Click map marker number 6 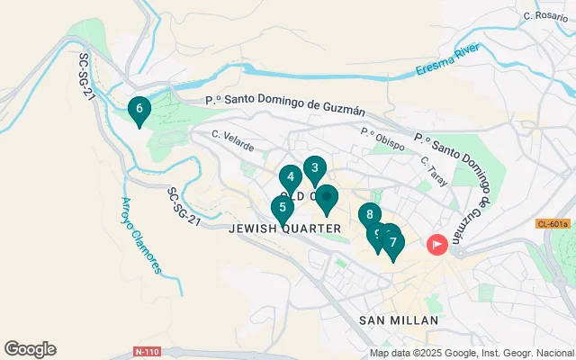pos(139,110)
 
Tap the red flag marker pos(437,244)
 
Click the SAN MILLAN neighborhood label pos(398,320)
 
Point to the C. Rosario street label pos(545,16)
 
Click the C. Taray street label pos(434,166)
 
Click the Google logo pos(30,349)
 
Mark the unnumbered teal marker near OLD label pos(326,198)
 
